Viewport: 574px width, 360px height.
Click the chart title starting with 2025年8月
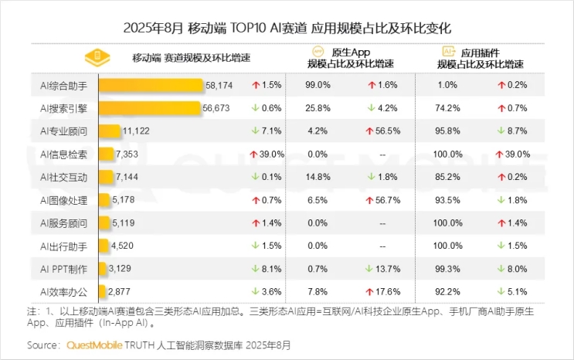click(287, 27)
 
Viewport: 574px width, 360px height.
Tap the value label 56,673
click(216, 108)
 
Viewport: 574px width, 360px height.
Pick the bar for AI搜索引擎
click(150, 108)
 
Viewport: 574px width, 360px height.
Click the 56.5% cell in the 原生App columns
click(383, 131)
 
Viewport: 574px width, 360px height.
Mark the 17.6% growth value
click(383, 292)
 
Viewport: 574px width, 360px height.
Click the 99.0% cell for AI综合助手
click(318, 84)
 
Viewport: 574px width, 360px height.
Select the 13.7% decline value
click(383, 269)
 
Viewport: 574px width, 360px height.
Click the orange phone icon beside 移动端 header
click(98, 58)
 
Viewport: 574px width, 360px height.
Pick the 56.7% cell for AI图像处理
click(383, 200)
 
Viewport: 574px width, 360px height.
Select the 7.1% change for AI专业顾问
click(267, 131)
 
